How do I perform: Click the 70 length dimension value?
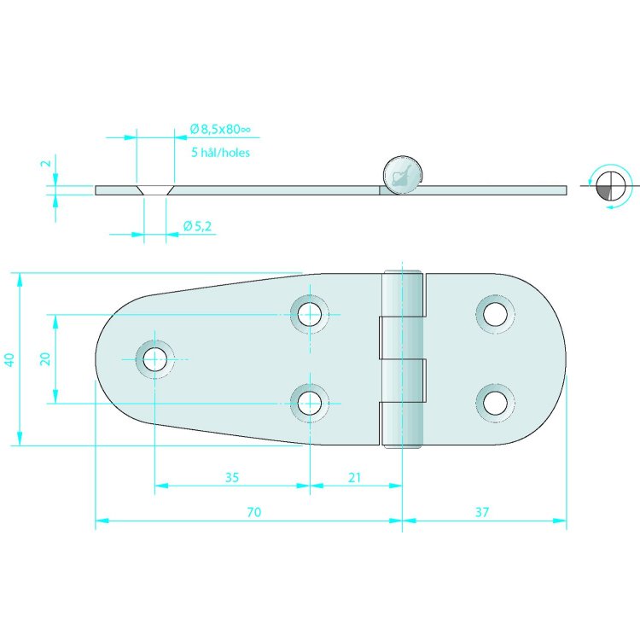[x=253, y=512]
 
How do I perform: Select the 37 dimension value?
[x=483, y=512]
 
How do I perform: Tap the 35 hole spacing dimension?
[x=232, y=477]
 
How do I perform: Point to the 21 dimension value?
[x=355, y=477]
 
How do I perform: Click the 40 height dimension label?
[x=9, y=359]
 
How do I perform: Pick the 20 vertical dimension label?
[x=46, y=359]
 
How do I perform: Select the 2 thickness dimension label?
[x=47, y=164]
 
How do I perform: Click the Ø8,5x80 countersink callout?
[x=219, y=130]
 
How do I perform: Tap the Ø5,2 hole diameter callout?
[x=198, y=226]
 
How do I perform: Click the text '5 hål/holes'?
[x=221, y=153]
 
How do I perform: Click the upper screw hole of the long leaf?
[x=309, y=314]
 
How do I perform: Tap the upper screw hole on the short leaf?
[x=494, y=314]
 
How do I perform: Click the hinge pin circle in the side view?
[x=400, y=175]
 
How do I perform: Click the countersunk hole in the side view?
[x=154, y=189]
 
